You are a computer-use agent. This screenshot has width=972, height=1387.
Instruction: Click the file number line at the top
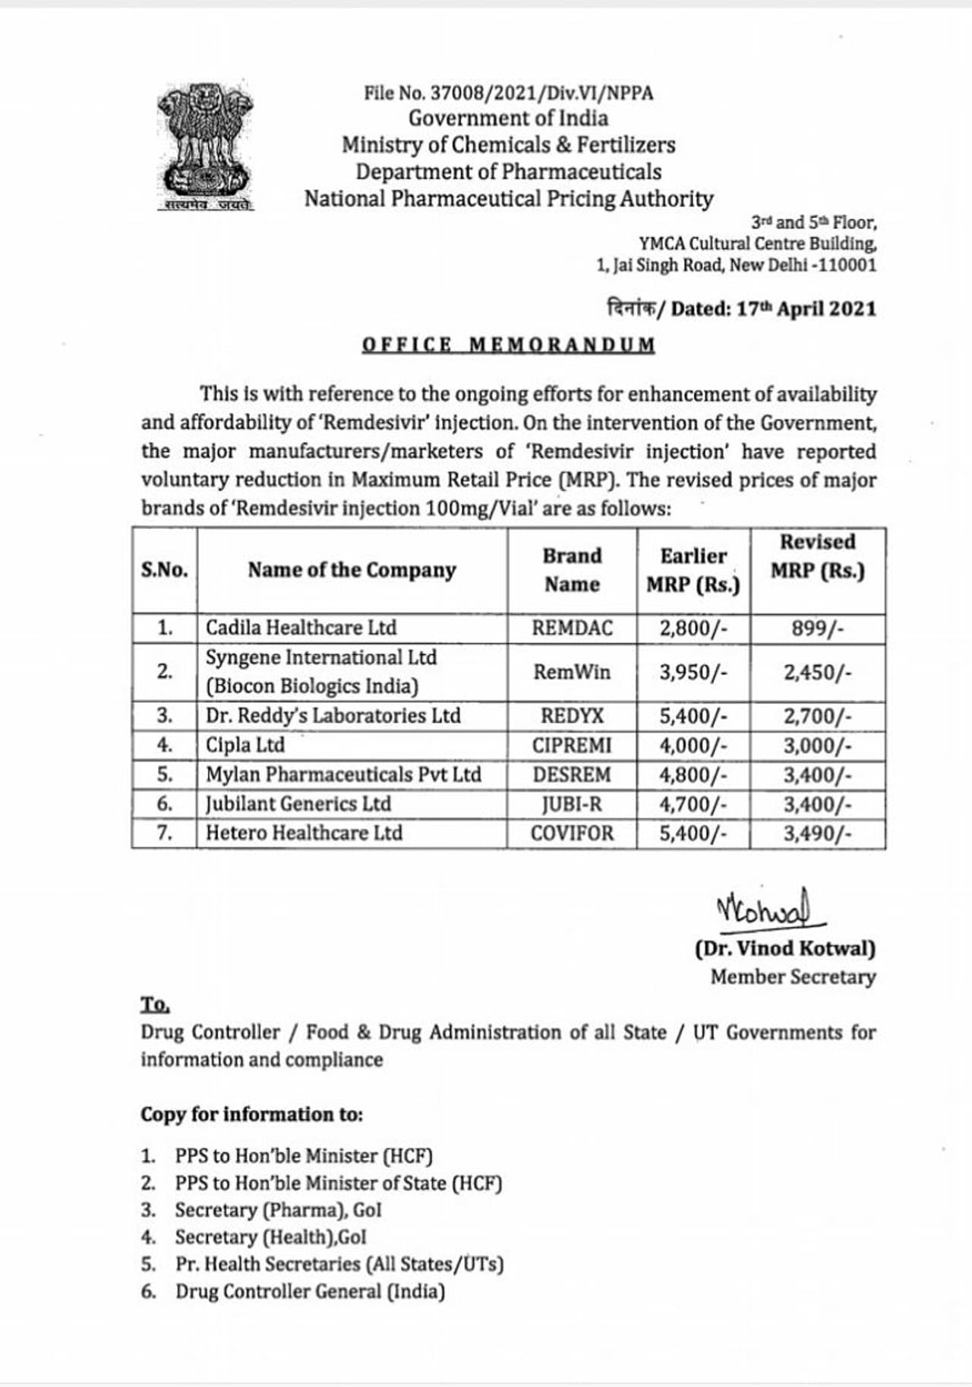point(508,93)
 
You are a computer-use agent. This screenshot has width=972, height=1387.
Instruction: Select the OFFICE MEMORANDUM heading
point(508,345)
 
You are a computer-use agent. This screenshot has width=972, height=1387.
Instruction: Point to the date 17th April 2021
point(806,309)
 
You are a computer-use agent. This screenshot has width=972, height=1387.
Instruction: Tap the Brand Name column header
point(572,570)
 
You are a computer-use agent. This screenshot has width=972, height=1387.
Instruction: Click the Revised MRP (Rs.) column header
point(817,556)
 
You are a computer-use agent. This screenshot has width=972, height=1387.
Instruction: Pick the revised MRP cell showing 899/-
point(817,629)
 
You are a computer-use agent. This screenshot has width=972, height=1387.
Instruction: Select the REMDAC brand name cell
point(572,629)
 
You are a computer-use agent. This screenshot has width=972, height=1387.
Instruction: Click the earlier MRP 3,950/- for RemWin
point(693,673)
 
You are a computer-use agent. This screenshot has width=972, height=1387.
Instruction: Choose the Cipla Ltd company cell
point(245,746)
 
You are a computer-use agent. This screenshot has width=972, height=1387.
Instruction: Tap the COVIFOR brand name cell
point(572,834)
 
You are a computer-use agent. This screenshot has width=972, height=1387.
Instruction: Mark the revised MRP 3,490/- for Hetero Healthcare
point(817,834)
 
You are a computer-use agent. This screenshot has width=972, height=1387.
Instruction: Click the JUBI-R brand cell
point(572,804)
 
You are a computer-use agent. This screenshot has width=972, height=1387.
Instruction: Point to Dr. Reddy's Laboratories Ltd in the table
point(333,716)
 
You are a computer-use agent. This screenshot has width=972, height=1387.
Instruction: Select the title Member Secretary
point(793,977)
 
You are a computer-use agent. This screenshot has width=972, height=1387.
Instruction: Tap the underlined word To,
point(155,1004)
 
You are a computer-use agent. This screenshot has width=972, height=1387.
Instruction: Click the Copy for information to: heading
point(251,1114)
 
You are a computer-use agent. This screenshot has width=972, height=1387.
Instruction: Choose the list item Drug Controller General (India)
point(310,1291)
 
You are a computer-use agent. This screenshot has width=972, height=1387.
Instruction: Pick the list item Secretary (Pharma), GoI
point(278,1210)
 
